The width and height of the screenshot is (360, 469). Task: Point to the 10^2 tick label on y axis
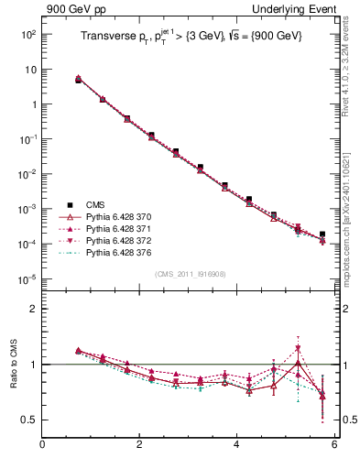(x=27, y=34)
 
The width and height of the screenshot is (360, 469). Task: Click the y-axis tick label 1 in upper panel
(x=31, y=104)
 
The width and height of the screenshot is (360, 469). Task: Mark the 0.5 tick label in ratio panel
(x=27, y=420)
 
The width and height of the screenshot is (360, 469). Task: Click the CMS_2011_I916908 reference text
(x=190, y=274)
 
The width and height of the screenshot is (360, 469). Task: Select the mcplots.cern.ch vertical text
(x=349, y=202)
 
